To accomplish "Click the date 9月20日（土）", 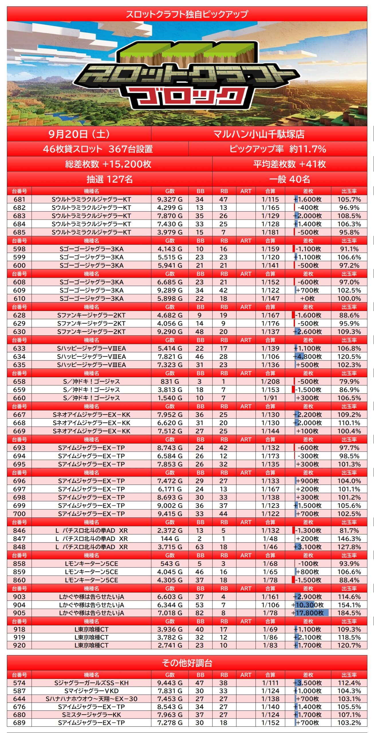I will click(79, 134).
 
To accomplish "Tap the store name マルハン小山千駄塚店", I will click(259, 134).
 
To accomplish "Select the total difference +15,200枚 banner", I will click(108, 164).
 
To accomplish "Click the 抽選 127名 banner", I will click(110, 179).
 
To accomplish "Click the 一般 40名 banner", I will click(290, 179).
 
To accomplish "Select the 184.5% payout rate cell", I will click(349, 613).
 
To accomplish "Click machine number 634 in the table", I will click(19, 356).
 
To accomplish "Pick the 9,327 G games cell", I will click(170, 199).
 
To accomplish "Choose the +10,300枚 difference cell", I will click(308, 605).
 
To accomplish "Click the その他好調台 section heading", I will click(187, 663).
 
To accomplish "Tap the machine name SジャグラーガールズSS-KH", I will click(91, 683).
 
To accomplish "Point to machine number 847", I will click(19, 539).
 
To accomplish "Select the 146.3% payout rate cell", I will click(349, 539).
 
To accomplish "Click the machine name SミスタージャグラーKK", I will click(91, 715).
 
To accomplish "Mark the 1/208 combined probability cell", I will click(270, 381).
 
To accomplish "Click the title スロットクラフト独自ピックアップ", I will click(187, 14).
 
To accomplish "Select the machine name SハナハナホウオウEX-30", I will click(91, 699).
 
